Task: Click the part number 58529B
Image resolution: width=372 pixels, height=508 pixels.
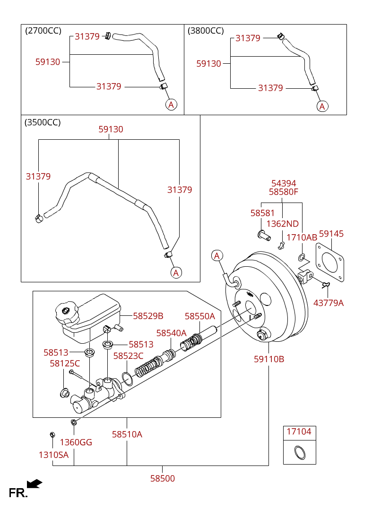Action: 148,315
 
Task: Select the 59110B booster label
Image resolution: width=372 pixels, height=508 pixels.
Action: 269,359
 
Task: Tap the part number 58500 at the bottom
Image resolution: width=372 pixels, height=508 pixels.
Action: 163,478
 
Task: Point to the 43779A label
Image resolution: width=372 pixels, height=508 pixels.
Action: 328,303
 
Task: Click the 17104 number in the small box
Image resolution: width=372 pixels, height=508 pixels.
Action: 299,431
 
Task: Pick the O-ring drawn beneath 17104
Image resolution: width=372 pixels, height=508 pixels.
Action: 300,453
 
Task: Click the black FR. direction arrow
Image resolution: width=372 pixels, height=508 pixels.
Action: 35,483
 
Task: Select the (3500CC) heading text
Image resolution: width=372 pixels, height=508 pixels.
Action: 43,122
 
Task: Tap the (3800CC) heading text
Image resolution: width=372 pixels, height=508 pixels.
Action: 206,31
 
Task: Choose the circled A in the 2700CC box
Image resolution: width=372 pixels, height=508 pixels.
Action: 171,105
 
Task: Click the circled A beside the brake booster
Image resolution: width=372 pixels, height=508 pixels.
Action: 217,255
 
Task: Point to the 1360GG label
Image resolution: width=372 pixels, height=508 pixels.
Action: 76,442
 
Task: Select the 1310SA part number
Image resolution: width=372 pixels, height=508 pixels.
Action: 53,455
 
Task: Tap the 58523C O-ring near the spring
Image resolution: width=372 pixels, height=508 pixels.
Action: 127,379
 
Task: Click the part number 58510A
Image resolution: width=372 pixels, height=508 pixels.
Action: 127,434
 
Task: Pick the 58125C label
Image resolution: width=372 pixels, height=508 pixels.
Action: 65,363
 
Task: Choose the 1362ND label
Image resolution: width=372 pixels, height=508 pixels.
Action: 283,223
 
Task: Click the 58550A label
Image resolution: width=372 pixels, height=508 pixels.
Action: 200,316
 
